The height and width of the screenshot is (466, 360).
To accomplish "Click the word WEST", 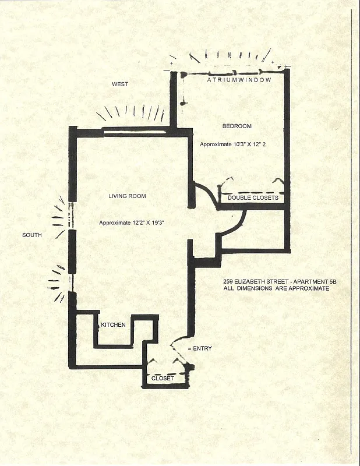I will (120, 84).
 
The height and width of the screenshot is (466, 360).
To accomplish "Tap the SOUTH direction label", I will (32, 235).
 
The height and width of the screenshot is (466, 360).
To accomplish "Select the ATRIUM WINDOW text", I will (239, 80).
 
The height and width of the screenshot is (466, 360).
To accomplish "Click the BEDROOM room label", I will (237, 126).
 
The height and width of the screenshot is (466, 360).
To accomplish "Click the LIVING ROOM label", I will (127, 196).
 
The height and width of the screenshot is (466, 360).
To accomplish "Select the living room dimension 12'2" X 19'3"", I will (130, 223).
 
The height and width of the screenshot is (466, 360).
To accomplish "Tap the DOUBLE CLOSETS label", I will (253, 198).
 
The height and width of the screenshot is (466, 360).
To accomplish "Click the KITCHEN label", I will (113, 324).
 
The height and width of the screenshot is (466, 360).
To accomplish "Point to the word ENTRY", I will (202, 348).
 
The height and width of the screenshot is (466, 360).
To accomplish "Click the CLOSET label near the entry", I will (163, 378).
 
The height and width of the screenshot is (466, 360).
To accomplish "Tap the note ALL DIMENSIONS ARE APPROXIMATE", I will (277, 288).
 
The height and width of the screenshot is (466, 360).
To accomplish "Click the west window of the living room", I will (136, 131).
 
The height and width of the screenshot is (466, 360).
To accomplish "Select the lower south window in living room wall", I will (70, 282).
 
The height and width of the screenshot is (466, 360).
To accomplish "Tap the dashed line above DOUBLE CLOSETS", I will (252, 192).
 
